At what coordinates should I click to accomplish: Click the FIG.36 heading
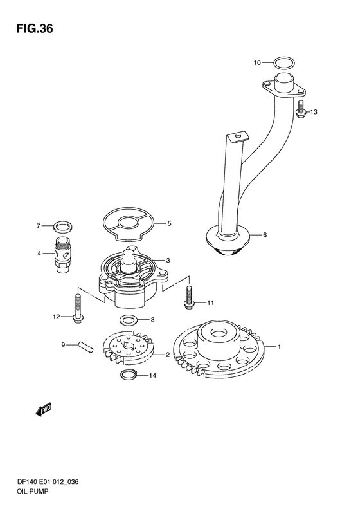click(x=35, y=29)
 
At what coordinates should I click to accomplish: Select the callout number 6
click(x=265, y=235)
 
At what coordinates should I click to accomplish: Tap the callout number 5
click(x=169, y=224)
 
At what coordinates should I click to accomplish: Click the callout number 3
click(x=168, y=261)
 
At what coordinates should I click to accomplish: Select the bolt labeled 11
click(x=188, y=298)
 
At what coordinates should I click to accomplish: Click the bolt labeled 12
click(x=78, y=308)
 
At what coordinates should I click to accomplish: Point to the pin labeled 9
click(x=86, y=347)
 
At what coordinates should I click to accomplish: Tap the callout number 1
click(x=279, y=347)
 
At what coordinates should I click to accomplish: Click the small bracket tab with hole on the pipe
click(x=238, y=136)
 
